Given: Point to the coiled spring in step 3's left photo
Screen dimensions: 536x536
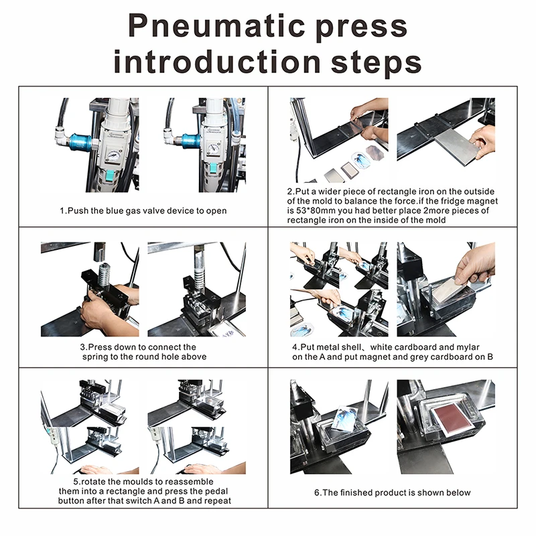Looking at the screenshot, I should point(103,275).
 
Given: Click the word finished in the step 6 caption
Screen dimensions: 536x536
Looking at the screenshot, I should point(366,492).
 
